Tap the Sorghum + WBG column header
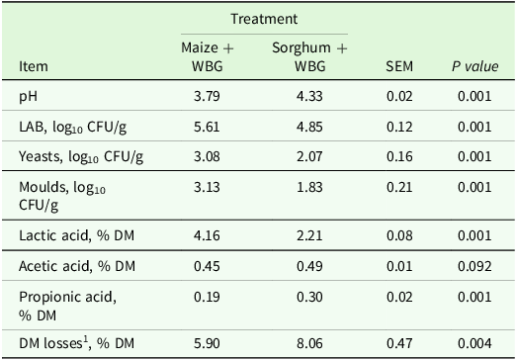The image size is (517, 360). [x=310, y=57]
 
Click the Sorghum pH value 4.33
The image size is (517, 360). [x=310, y=98]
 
